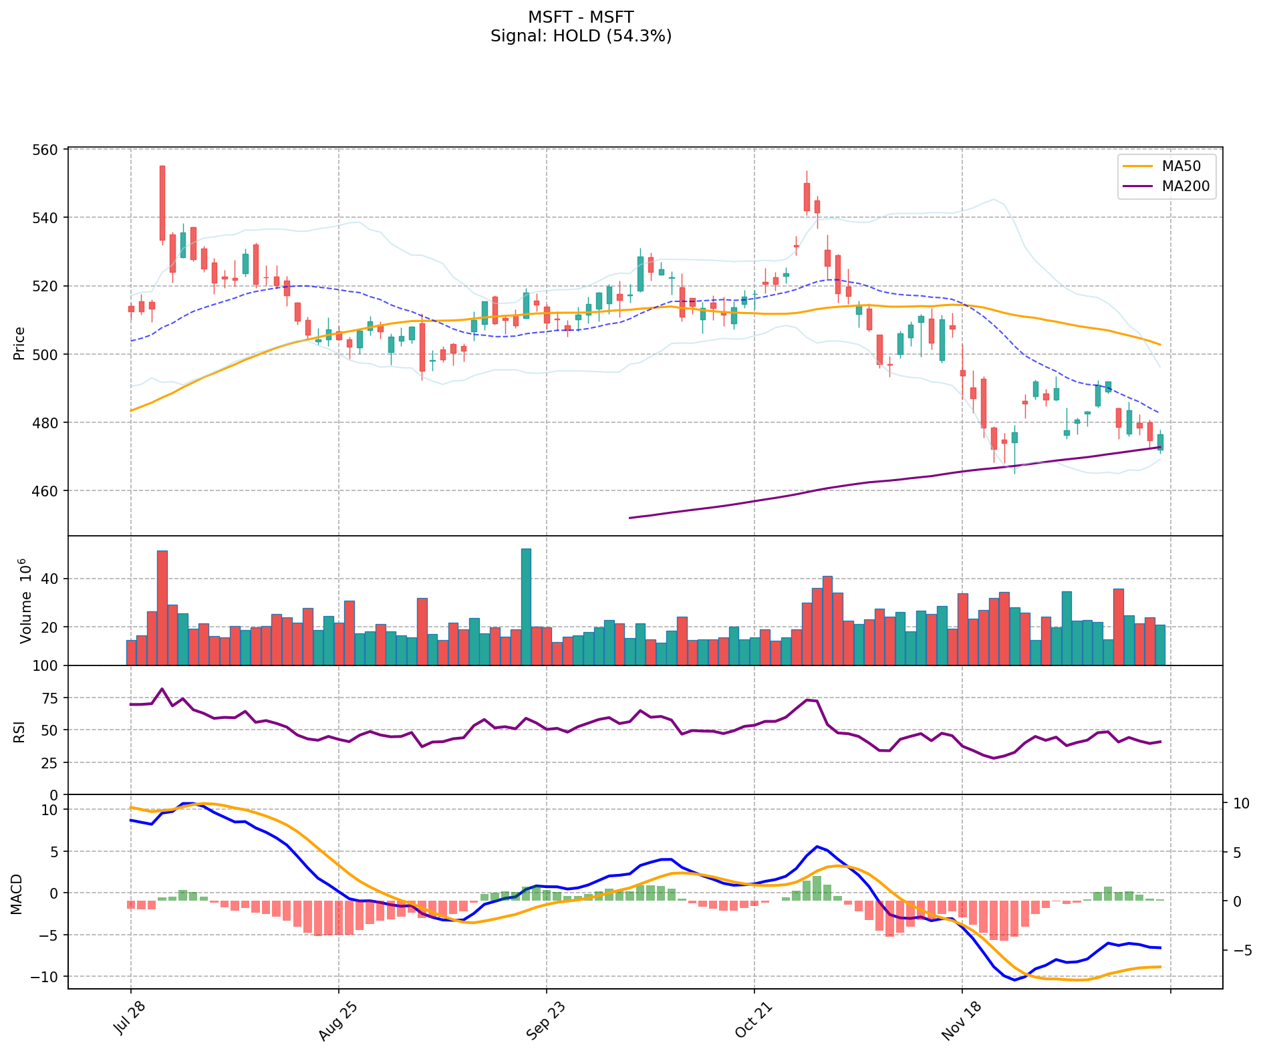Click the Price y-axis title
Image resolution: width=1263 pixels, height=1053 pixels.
click(19, 343)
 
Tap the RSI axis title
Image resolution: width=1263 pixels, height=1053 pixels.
click(19, 730)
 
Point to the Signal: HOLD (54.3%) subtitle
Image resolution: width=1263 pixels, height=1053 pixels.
click(581, 36)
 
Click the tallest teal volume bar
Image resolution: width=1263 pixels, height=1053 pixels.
click(526, 606)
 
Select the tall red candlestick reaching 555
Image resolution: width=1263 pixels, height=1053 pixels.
click(162, 203)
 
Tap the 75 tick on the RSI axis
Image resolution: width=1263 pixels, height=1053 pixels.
click(50, 698)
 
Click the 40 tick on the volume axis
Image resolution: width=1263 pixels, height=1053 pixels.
click(50, 579)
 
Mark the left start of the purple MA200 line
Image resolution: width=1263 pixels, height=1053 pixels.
click(629, 518)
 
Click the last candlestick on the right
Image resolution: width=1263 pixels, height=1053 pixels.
click(1160, 442)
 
